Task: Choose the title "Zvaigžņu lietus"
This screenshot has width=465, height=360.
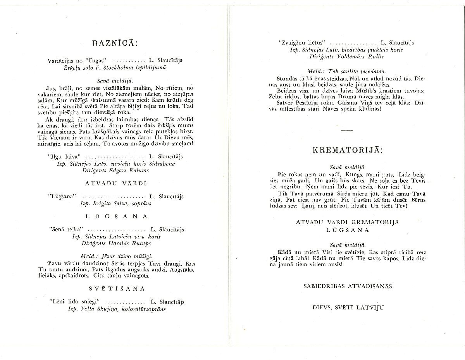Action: coord(301,43)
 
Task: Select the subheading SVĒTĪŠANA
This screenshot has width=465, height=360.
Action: coord(116,288)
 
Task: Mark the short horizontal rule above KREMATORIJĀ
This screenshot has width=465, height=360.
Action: coord(347,132)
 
